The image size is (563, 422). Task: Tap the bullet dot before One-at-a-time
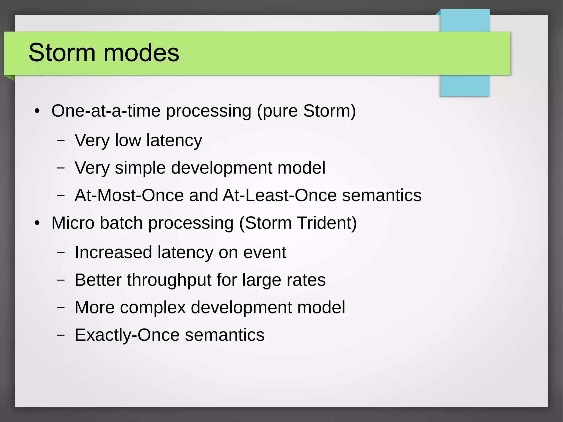pyautogui.click(x=37, y=111)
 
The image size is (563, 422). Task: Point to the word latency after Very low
pyautogui.click(x=174, y=140)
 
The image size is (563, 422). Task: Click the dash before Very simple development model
pyautogui.click(x=61, y=168)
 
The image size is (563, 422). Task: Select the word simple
pyautogui.click(x=140, y=168)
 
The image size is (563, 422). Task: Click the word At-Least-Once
pyautogui.click(x=280, y=195)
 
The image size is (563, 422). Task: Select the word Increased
pyautogui.click(x=113, y=252)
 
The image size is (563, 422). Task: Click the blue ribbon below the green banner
pyautogui.click(x=465, y=85)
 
